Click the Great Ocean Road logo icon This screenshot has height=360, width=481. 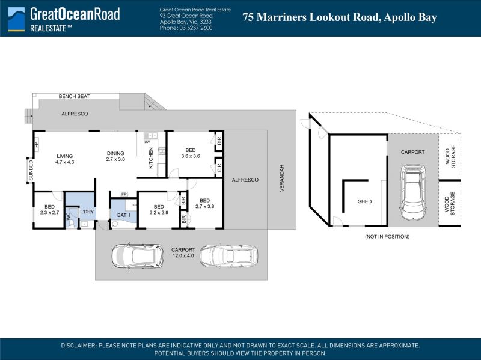[16, 19]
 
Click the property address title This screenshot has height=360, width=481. [340, 17]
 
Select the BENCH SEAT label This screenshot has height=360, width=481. [74, 96]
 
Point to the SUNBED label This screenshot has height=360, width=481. [31, 171]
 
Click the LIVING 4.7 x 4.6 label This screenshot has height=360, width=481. [65, 159]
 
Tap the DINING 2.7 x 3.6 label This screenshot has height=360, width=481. [115, 156]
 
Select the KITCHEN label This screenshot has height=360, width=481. [151, 158]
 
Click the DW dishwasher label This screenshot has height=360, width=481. [147, 142]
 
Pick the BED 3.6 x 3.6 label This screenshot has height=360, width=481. [191, 153]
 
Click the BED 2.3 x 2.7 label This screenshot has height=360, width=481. [49, 209]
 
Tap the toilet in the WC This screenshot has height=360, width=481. [72, 224]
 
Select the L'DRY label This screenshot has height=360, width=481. [87, 212]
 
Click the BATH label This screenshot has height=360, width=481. [124, 215]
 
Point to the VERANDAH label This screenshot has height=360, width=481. [282, 178]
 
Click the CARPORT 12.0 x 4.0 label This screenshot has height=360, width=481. [183, 252]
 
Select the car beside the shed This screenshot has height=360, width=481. [413, 192]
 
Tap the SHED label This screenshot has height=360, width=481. [365, 201]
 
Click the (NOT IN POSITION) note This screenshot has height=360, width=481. [387, 237]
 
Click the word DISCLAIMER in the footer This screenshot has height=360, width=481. [78, 346]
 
